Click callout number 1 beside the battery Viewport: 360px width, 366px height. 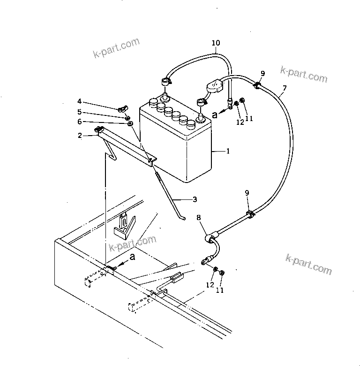(228, 152)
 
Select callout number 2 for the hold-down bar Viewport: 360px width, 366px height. (80, 136)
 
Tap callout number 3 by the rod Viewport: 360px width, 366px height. (195, 199)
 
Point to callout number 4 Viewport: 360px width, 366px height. (80, 101)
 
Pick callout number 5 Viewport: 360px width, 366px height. (80, 112)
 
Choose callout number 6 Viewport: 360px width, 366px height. (80, 122)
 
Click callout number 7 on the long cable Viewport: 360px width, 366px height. (285, 88)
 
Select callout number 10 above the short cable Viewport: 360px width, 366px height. (215, 43)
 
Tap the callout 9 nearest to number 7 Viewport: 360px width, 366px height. (262, 73)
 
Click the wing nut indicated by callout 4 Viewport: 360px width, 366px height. (125, 109)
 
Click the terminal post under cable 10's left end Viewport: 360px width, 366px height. (165, 97)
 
